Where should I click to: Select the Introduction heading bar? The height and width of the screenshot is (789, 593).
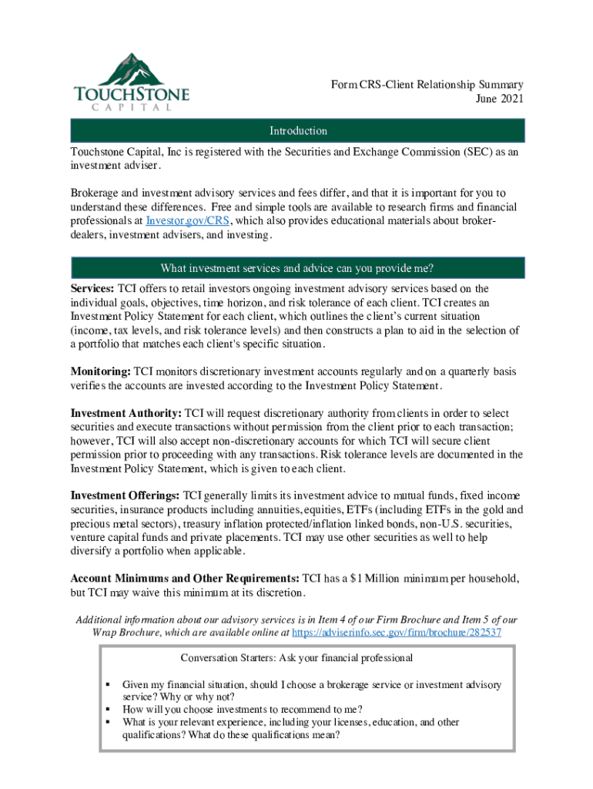coord(297,131)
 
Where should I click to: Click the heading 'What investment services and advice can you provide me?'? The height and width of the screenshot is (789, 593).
coord(297,268)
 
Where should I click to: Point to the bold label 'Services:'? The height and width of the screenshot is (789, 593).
coord(92,289)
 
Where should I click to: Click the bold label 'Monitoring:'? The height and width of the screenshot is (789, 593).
coord(100,371)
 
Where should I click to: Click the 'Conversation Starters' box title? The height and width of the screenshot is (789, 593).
coord(297,658)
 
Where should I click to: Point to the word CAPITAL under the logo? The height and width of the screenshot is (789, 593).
coord(132,107)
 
